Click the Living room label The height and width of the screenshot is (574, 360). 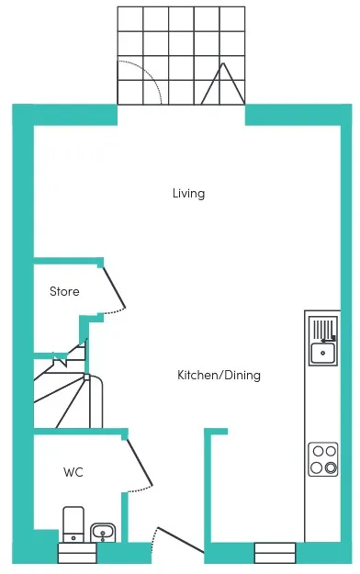point(188,194)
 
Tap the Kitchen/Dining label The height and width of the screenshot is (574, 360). point(219,375)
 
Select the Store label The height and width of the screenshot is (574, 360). point(64,291)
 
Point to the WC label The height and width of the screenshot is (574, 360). point(73,472)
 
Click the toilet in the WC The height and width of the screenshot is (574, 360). point(73,524)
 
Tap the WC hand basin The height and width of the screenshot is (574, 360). point(103,533)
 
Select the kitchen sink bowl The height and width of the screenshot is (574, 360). point(322,353)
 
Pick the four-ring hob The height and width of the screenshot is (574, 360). point(323,459)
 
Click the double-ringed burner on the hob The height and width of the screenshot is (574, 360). point(331,467)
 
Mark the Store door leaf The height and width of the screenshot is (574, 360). point(114,287)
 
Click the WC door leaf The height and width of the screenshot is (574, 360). point(140,462)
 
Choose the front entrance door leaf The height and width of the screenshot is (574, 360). point(181,540)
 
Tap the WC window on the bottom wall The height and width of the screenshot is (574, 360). point(77,553)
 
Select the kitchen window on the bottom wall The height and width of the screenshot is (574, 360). point(275,553)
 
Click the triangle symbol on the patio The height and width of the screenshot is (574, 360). point(223,84)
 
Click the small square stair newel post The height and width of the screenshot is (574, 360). point(87,377)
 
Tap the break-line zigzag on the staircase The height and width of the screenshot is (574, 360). point(60,359)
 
